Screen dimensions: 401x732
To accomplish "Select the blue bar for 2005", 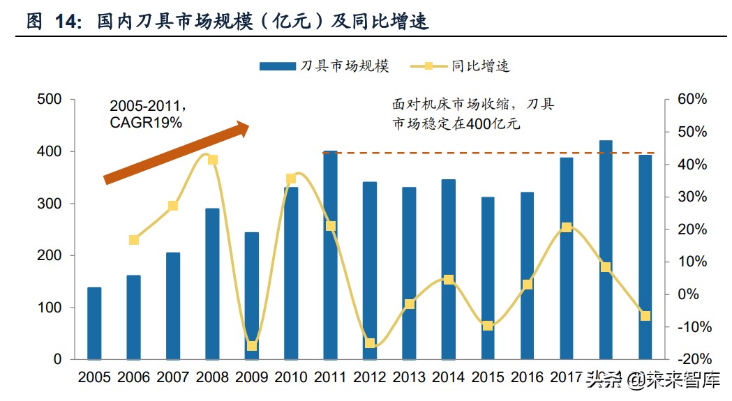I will tap(94, 324).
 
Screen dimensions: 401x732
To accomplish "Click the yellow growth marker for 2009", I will tap(252, 346).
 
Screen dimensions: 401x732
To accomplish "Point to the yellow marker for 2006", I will tap(134, 240).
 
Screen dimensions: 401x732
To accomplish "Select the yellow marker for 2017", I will tap(567, 227).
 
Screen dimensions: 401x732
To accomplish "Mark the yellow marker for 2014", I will tap(449, 280).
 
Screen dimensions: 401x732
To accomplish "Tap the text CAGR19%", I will tap(146, 123).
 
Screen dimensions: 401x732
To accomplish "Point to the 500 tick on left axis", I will tap(50, 100).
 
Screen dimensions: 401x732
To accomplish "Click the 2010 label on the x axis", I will tap(291, 378).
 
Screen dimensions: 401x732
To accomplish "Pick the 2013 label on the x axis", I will tap(409, 378).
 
